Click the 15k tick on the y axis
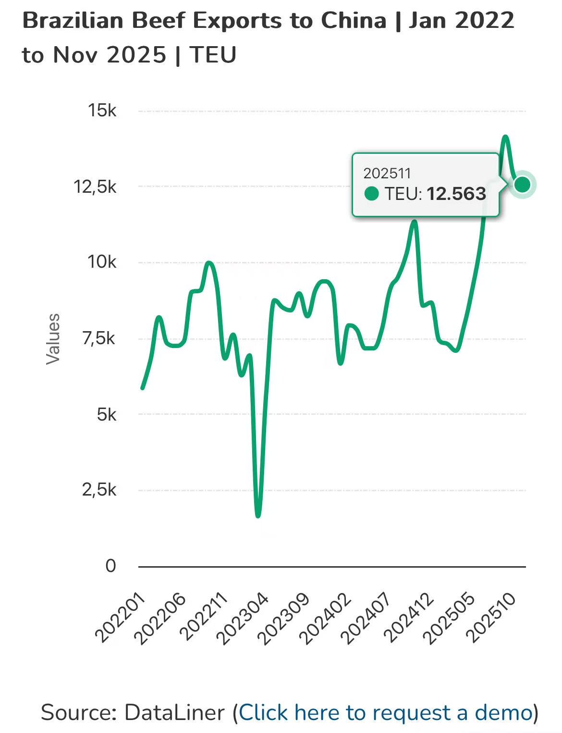102,111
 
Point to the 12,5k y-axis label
95,186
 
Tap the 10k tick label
101,262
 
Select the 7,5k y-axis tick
98,338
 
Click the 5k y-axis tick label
106,414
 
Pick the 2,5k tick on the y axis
98,490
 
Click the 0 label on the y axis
110,566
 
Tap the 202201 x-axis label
121,618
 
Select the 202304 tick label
244,618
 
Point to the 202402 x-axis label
327,618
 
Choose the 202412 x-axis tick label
409,618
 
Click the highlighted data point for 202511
522,184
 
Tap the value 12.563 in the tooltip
456,194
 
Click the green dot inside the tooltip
372,194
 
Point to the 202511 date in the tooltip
387,173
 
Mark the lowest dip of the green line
258,515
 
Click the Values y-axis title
52,338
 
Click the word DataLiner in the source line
174,712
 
